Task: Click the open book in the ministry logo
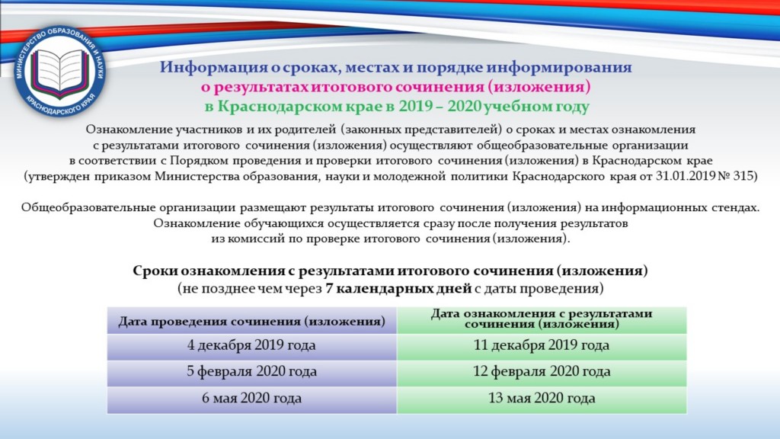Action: click(x=60, y=73)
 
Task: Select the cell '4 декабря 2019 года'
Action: click(x=251, y=345)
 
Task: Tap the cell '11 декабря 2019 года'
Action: click(x=542, y=345)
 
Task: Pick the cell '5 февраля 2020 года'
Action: click(x=251, y=372)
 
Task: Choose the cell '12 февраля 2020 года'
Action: click(x=542, y=372)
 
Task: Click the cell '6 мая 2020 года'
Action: click(x=251, y=399)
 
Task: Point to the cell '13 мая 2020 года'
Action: click(x=542, y=399)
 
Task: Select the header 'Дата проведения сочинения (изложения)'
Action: click(x=251, y=321)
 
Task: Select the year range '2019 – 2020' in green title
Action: click(x=440, y=107)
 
